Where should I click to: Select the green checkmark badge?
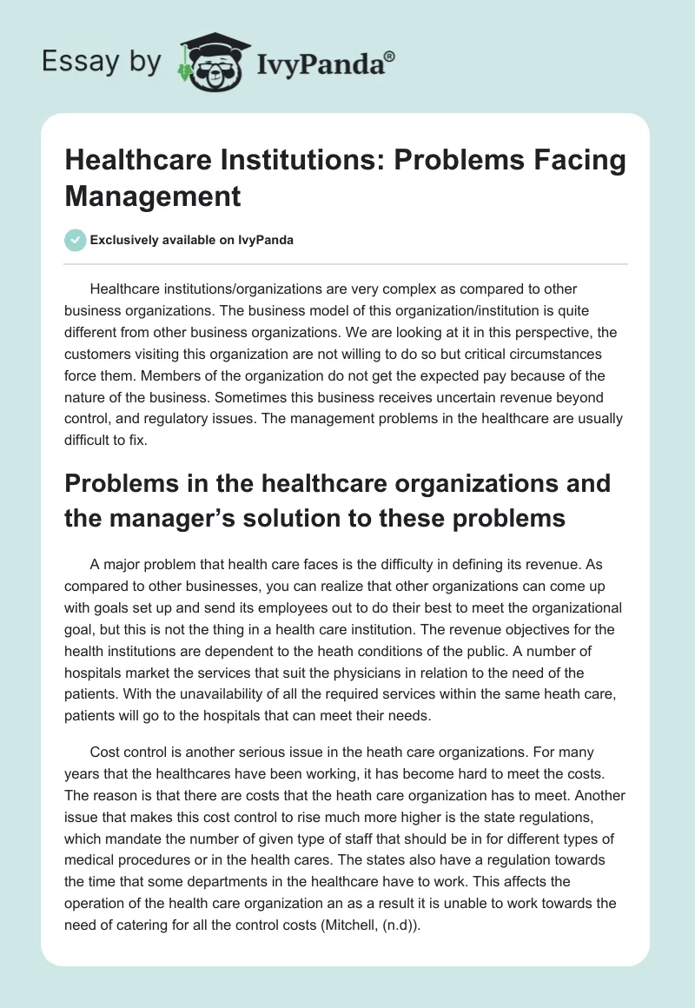(76, 241)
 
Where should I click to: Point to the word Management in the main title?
(153, 196)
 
